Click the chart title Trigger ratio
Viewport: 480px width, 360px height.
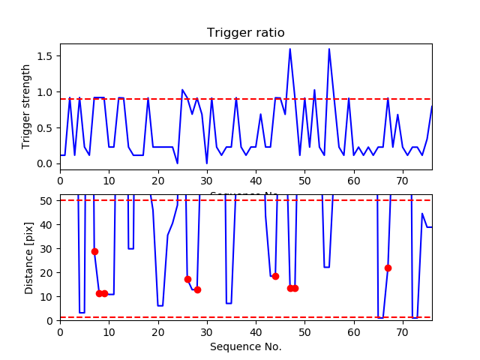(246, 33)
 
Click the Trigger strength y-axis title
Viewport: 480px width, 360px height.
(27, 106)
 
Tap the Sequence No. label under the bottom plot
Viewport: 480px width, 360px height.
(246, 346)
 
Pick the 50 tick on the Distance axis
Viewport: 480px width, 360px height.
(47, 200)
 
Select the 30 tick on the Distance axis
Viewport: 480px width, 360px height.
(47, 248)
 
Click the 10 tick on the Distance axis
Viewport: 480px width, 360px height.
(47, 296)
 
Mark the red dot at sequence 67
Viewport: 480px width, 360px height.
(388, 268)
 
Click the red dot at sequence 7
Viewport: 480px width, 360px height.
(94, 251)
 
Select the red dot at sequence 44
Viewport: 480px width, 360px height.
(275, 276)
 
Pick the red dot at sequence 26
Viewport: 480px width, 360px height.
(187, 279)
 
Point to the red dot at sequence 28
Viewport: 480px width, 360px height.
(197, 289)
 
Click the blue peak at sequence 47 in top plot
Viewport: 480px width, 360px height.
(290, 49)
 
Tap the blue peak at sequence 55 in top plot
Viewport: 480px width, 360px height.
(329, 49)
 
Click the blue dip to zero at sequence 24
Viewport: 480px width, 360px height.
(178, 163)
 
